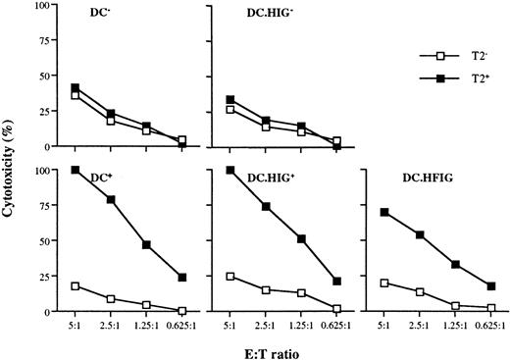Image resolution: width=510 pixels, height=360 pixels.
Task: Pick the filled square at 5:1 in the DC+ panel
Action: tap(75, 171)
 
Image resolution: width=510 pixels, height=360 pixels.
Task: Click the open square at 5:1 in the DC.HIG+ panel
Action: tap(231, 277)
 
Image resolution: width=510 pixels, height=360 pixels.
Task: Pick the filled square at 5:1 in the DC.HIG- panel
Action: tap(231, 100)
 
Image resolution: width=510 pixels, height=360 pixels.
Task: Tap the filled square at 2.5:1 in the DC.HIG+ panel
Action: tap(267, 207)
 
